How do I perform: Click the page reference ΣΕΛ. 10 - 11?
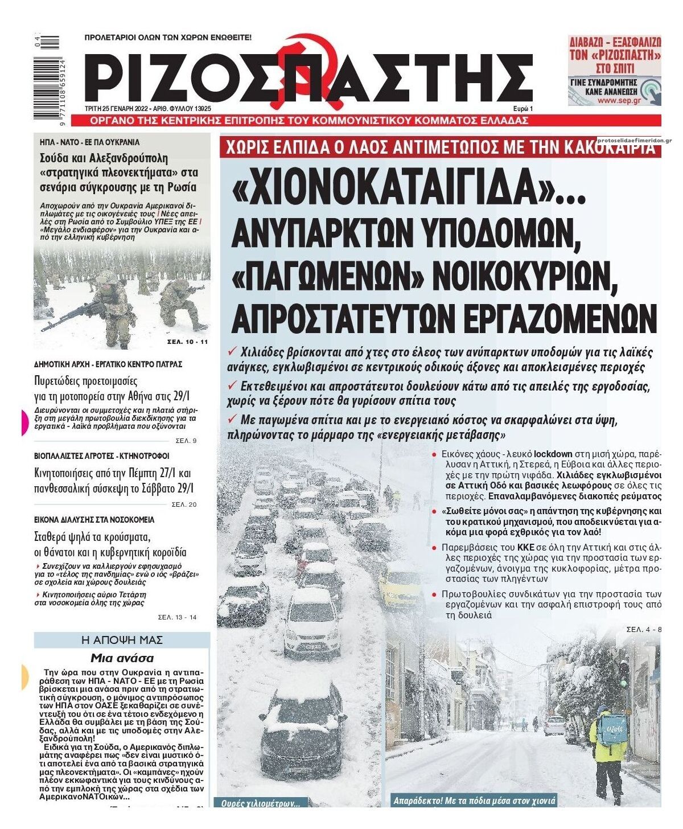(x=188, y=342)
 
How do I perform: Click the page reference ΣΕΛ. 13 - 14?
(x=177, y=617)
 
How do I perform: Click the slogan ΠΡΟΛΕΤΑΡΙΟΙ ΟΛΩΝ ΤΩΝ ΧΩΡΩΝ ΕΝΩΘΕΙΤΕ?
(x=167, y=38)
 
